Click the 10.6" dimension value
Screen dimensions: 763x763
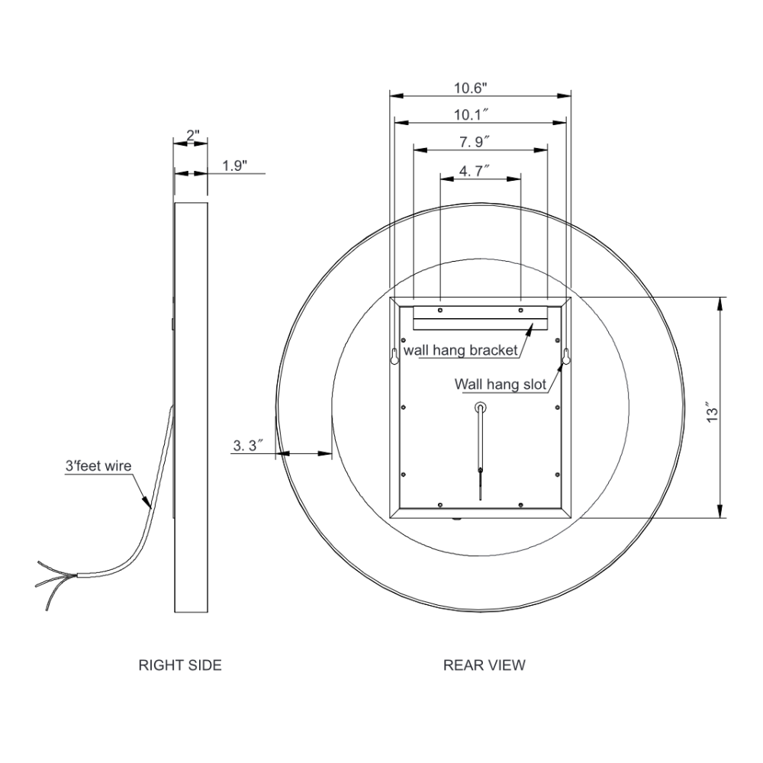point(470,88)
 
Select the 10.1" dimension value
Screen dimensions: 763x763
point(471,114)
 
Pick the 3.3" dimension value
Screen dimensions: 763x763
point(248,446)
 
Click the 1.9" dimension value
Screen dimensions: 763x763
point(235,166)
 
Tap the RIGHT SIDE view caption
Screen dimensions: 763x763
point(180,665)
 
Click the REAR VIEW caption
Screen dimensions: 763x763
point(484,665)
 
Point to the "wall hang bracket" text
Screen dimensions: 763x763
point(461,350)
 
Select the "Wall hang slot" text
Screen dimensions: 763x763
point(500,384)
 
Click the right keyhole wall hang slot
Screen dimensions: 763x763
point(568,356)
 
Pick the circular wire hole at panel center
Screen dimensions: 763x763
point(480,407)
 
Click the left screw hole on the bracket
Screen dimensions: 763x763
point(440,311)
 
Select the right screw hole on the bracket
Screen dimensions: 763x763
point(520,311)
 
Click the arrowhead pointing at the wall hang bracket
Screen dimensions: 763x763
point(530,327)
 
